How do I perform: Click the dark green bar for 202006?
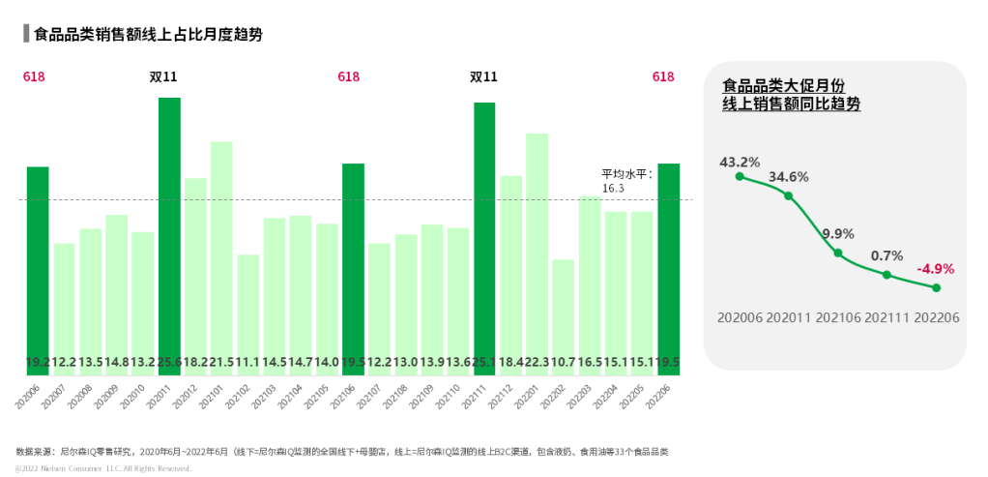(38, 270)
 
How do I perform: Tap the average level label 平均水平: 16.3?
(626, 181)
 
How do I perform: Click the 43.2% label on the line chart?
(740, 162)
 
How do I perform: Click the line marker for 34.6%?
(789, 196)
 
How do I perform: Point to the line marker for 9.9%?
(838, 253)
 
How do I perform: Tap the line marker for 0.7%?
(886, 275)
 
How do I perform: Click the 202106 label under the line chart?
(838, 317)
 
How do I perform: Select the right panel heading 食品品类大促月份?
(784, 85)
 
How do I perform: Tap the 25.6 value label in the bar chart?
(169, 362)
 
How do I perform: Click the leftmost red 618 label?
(34, 76)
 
